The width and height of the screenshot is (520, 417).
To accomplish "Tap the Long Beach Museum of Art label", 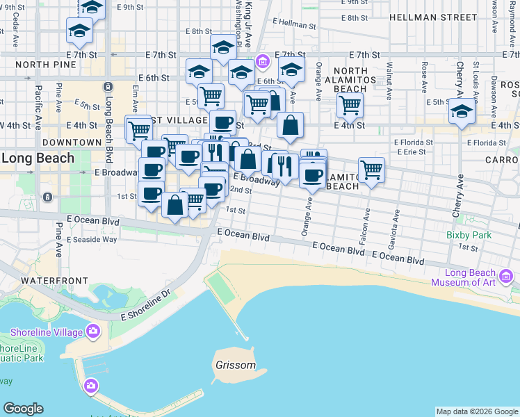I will point(463,277).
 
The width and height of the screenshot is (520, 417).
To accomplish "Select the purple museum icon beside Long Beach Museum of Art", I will point(507,277).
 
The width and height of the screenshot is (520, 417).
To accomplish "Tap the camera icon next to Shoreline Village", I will point(92,332).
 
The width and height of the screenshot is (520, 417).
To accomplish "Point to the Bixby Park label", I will point(469,235).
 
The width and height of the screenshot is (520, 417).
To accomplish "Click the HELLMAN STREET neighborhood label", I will point(429,16).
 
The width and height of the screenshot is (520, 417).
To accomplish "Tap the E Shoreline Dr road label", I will point(145,305).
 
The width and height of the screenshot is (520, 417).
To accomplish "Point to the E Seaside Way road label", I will point(92,239).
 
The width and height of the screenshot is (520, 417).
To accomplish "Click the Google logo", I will point(23,409).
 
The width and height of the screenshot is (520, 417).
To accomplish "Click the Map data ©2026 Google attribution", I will point(477,411).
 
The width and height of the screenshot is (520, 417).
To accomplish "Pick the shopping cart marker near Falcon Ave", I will point(372,170).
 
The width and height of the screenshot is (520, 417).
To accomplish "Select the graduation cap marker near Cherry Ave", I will point(462,111).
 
